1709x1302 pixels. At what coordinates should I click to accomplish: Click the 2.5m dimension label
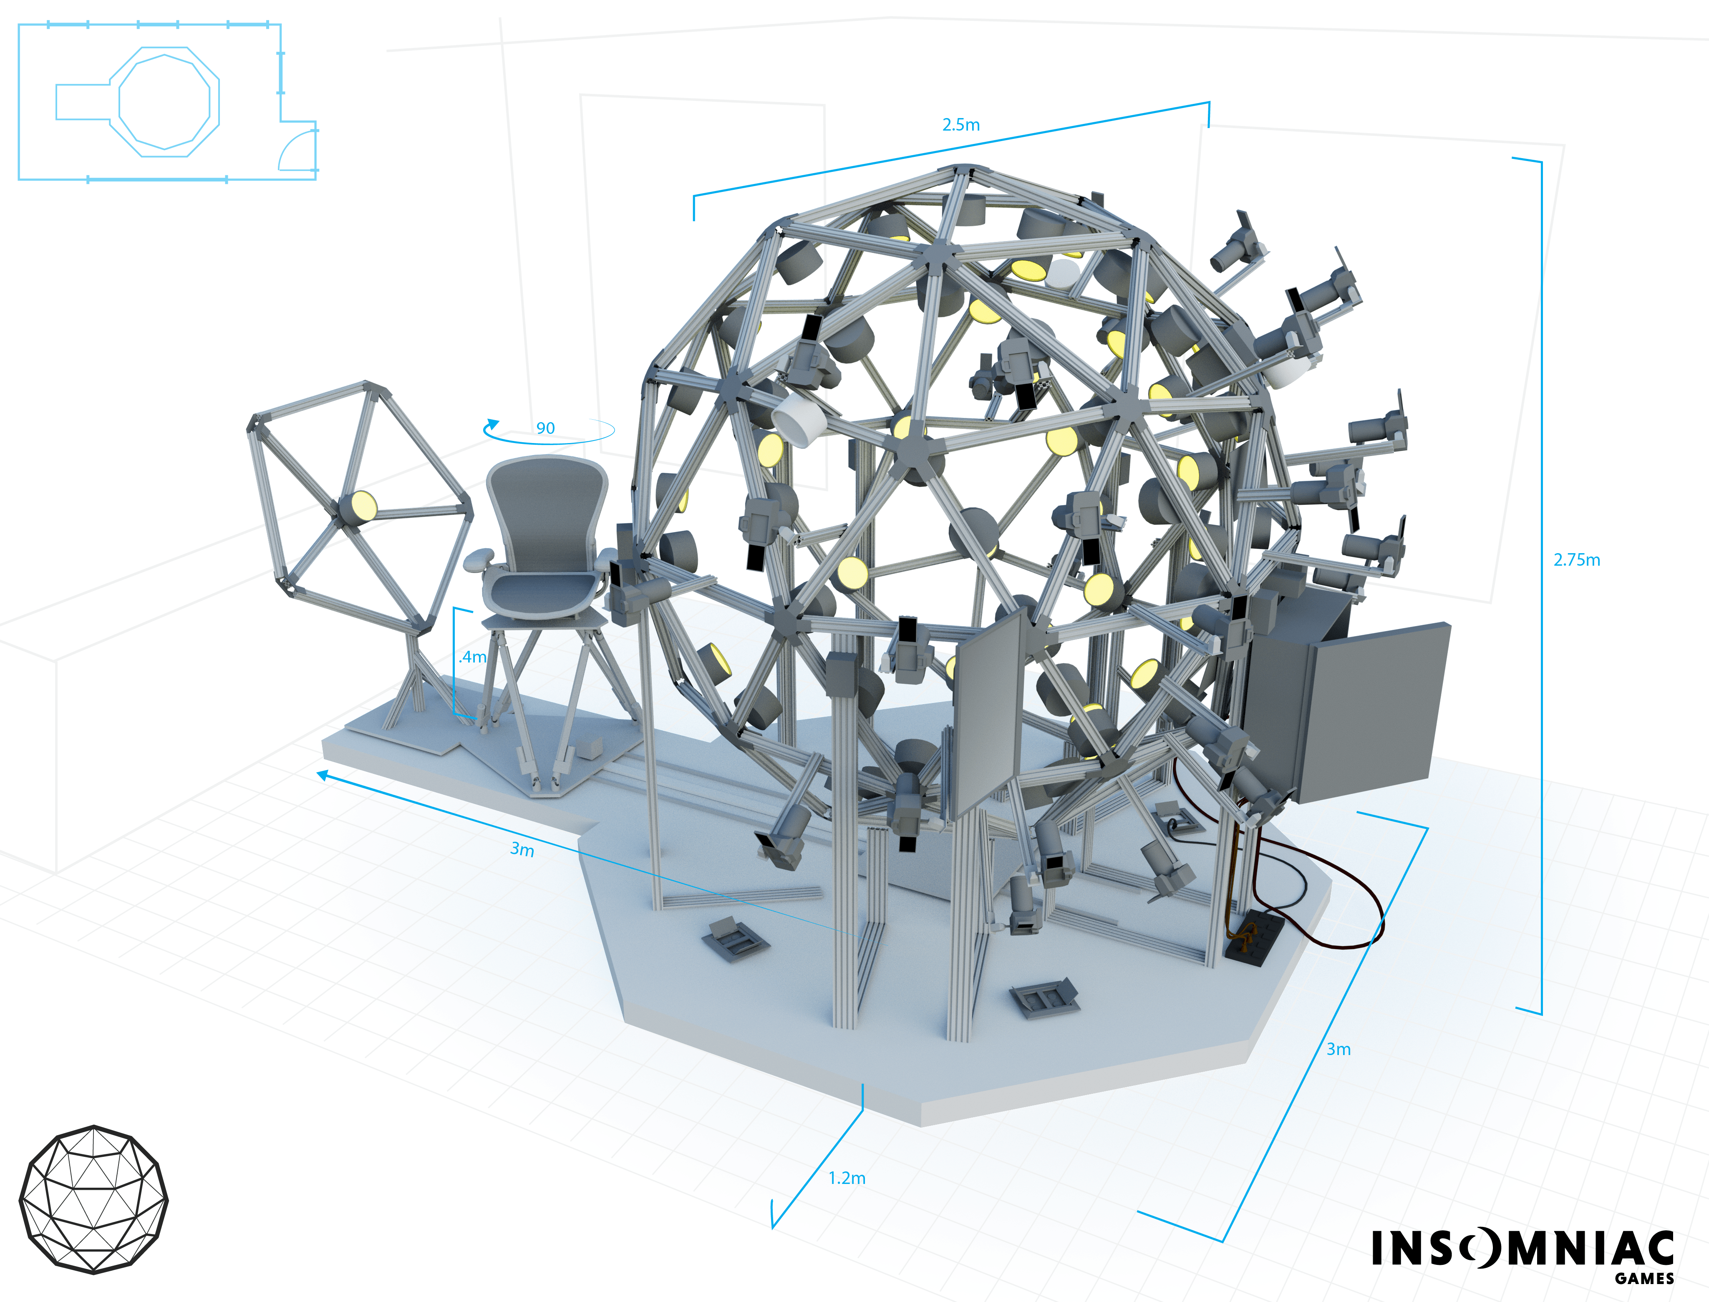click(x=961, y=125)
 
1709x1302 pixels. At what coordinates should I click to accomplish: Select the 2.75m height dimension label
click(x=1576, y=559)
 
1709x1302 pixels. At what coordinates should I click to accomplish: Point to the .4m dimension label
click(x=473, y=657)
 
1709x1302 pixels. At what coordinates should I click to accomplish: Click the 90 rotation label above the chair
click(x=546, y=428)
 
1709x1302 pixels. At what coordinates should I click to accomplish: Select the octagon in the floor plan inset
click(x=164, y=101)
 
